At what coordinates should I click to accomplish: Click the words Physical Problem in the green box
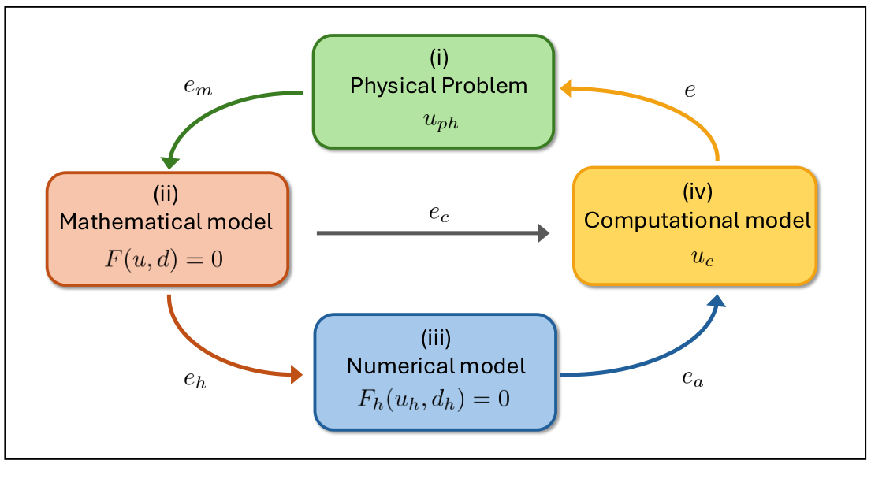click(x=438, y=85)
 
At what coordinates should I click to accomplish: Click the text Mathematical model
click(x=166, y=222)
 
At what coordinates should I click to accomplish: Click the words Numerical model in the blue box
click(x=436, y=366)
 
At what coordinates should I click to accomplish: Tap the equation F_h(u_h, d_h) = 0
click(x=435, y=398)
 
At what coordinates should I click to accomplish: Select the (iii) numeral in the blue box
click(x=435, y=340)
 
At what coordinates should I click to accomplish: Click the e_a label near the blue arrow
click(x=692, y=380)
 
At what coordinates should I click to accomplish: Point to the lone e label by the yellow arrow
click(x=690, y=91)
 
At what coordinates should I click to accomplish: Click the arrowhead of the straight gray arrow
click(x=542, y=232)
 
